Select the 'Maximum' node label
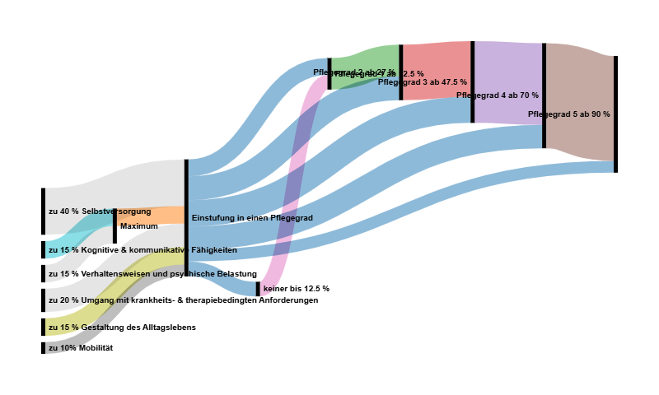[x=138, y=226]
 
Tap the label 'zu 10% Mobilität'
[x=80, y=348]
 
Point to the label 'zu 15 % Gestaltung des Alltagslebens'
[x=122, y=328]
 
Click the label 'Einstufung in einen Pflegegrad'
[x=252, y=218]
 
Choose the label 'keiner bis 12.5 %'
[x=296, y=289]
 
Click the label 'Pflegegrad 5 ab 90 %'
[x=568, y=114]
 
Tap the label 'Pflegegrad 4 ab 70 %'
[x=497, y=95]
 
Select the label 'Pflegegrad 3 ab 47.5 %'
[x=422, y=82]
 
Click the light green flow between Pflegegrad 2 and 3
[x=366, y=59]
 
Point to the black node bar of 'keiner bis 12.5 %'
[x=258, y=289]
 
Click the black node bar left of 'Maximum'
[x=115, y=226]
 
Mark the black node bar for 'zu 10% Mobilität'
[x=43, y=348]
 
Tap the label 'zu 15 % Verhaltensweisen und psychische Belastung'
[x=152, y=274]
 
